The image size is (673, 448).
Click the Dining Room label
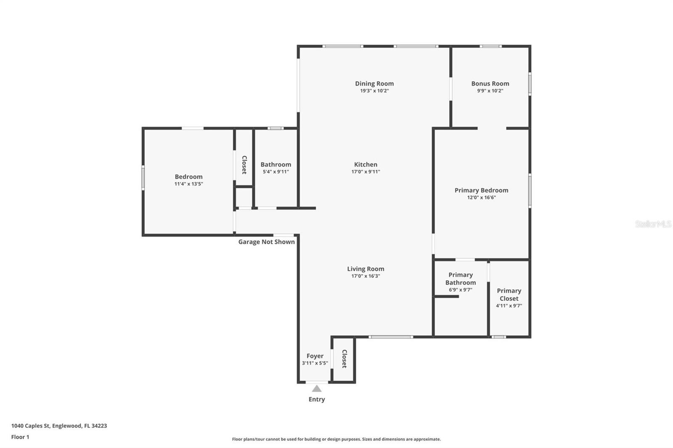pos(374,84)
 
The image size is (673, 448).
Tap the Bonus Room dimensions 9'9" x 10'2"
pos(490,91)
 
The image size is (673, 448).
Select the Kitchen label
pos(366,164)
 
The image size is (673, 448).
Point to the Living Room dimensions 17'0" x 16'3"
pos(366,276)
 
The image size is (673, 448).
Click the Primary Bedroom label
pos(481,190)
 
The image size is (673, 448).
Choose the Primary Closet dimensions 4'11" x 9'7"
pos(509,306)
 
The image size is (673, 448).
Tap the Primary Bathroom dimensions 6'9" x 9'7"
pos(461,290)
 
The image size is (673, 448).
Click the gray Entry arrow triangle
pos(317,389)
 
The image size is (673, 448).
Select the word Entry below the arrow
pos(317,399)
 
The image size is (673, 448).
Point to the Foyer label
pos(315,356)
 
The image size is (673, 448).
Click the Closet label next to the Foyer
pos(344,359)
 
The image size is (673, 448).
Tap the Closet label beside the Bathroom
pos(244,165)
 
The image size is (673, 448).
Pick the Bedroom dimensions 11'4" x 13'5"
pos(189,184)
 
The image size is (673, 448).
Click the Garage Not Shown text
pos(267,242)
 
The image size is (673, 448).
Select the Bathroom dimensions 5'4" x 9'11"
pos(276,172)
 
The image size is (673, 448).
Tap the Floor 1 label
pos(20,437)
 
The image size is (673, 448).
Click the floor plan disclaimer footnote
pos(336,439)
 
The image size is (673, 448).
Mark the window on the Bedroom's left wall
pos(143,178)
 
